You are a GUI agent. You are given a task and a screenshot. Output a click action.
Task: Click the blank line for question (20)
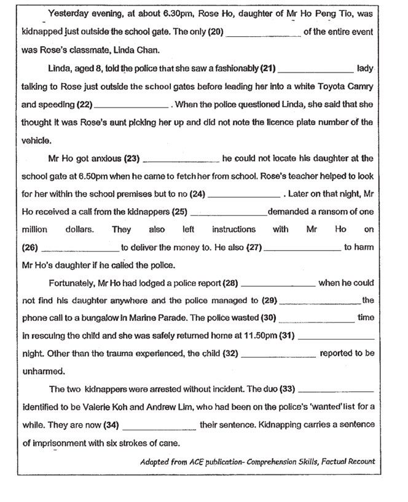264,36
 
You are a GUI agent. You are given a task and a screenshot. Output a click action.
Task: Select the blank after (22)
130,106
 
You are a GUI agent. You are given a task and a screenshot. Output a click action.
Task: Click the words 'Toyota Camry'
348,87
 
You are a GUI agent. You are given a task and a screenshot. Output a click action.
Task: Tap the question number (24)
196,194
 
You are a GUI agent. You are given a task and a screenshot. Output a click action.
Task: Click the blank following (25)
229,214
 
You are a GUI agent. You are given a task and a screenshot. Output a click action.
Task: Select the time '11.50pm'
261,336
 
